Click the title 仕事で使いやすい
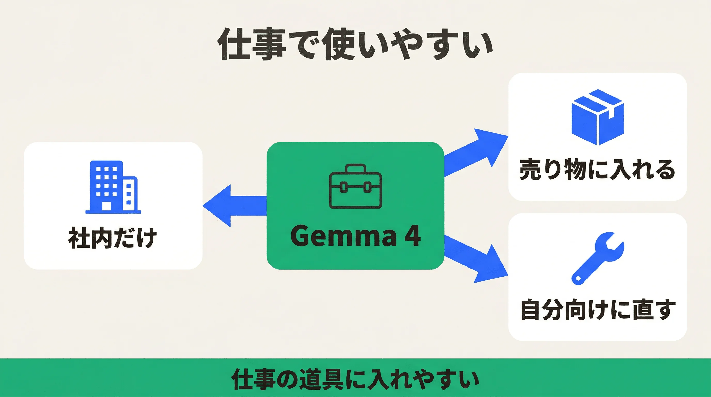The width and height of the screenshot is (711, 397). (x=355, y=44)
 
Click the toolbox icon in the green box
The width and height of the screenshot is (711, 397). (x=355, y=186)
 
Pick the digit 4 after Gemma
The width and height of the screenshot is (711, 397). (x=412, y=235)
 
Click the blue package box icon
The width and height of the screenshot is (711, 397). (x=598, y=117)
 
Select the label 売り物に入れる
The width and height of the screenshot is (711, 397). (x=597, y=170)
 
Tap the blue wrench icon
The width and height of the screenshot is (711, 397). (x=597, y=258)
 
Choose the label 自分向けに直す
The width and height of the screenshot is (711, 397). (x=598, y=310)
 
